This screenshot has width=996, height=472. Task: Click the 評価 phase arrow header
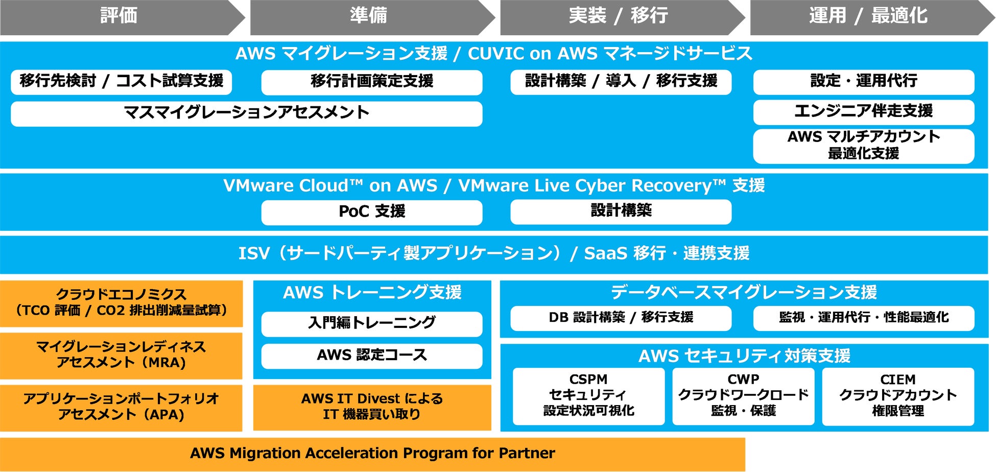pos(119,16)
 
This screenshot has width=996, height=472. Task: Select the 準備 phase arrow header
pos(369,16)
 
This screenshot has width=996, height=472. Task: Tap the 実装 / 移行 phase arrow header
pos(619,16)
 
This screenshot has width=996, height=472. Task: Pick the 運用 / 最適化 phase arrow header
pos(868,16)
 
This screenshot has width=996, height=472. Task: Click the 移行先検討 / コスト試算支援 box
pos(121,82)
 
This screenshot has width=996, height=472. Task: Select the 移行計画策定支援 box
pos(372,82)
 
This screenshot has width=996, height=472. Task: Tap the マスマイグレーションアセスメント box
pos(246,113)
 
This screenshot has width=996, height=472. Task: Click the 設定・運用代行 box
pos(864,82)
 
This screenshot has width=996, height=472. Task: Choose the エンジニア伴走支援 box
pos(864,112)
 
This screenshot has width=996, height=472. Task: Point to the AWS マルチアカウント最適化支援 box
pos(864,146)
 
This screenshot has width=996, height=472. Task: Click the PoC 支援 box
pos(372,212)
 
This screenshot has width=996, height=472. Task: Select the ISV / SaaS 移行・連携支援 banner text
pos(493,253)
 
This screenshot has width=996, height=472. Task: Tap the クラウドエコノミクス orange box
pos(121,303)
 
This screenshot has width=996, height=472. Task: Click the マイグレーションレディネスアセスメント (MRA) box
pos(121,355)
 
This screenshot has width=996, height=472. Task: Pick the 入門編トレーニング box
pos(372,323)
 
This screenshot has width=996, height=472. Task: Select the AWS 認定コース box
pos(372,356)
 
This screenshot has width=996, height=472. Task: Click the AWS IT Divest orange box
pos(372,407)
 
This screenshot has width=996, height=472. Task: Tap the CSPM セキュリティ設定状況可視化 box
pos(588,396)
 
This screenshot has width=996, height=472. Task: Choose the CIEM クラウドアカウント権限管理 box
pos(898,396)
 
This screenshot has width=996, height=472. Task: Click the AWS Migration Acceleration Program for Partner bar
pos(372,454)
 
